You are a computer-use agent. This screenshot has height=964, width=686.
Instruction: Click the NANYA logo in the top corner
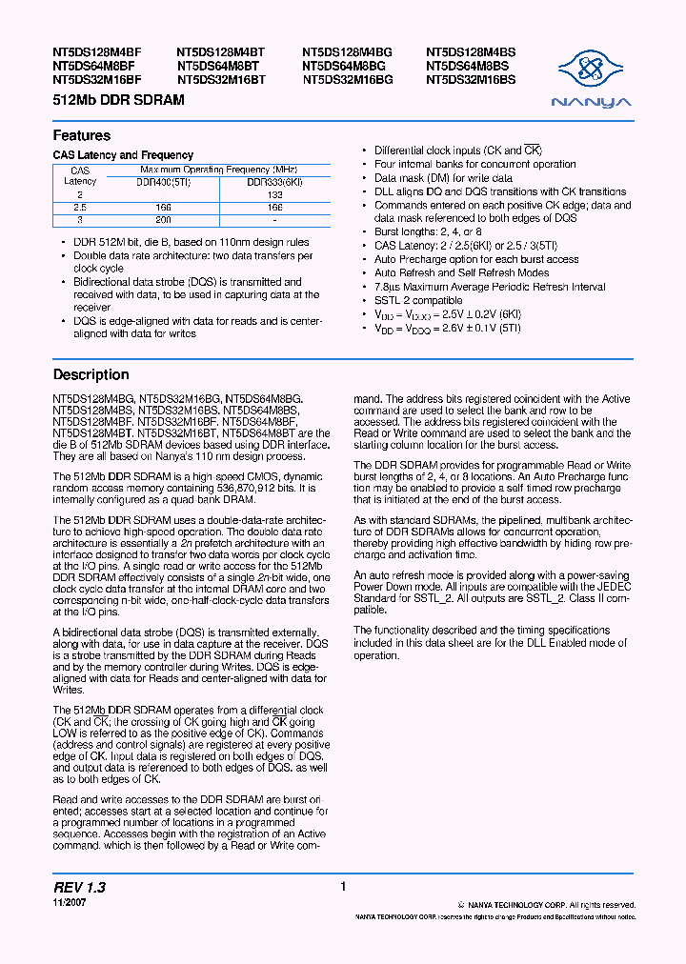click(593, 79)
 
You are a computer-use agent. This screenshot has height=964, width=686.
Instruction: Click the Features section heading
click(82, 135)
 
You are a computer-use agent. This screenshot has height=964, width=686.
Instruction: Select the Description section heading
click(91, 374)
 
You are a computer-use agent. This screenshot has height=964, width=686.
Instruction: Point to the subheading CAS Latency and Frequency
click(123, 155)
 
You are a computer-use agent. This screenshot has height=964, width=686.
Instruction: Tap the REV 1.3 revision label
click(79, 887)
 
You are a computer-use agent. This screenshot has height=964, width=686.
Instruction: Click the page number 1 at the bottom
click(342, 887)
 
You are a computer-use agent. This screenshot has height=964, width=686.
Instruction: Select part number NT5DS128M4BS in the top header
click(471, 53)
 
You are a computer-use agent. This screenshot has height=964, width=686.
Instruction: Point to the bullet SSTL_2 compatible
click(418, 300)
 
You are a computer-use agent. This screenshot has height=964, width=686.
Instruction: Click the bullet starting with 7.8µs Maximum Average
click(489, 287)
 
